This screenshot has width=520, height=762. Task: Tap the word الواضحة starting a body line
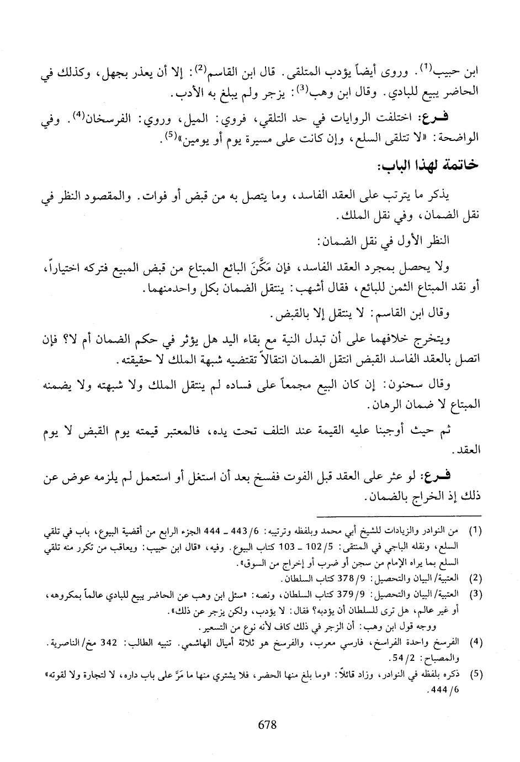(x=459, y=137)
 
